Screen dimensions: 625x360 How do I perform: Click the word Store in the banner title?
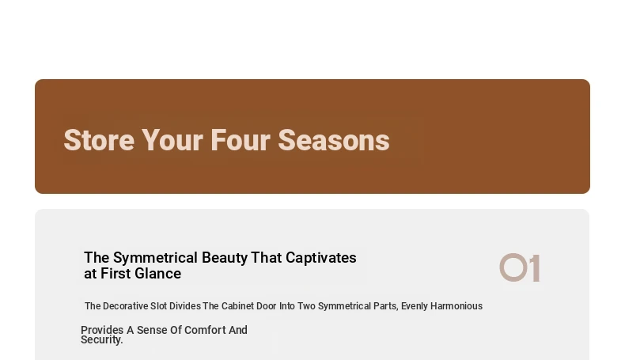point(99,140)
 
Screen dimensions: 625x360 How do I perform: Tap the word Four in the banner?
point(241,140)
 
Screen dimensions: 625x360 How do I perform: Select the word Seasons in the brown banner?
point(334,140)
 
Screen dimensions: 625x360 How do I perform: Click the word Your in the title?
point(172,140)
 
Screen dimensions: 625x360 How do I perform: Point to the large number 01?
point(520,268)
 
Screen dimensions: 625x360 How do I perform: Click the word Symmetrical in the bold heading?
point(155,258)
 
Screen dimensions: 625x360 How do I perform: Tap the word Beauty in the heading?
point(225,258)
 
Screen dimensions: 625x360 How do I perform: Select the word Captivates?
point(321,258)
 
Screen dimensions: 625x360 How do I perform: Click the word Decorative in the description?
point(126,306)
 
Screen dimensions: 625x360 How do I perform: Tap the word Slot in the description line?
point(159,306)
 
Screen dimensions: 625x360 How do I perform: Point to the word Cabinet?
point(237,306)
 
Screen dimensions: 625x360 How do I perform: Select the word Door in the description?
point(267,306)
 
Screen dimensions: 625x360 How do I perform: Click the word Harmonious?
point(456,306)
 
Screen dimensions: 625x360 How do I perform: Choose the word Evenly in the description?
point(415,306)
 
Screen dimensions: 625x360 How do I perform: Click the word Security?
point(101,339)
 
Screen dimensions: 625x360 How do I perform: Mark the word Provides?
point(102,330)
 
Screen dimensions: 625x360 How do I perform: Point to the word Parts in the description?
point(385,306)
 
